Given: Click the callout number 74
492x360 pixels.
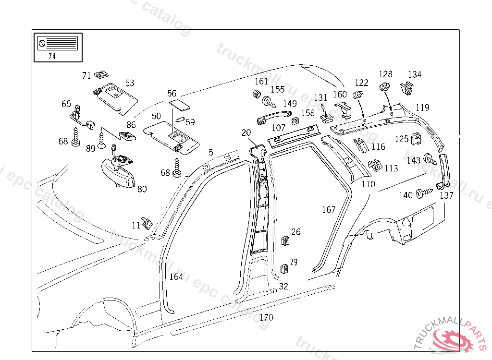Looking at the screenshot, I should coord(52,56).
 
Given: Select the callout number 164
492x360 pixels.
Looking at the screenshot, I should coord(176,277).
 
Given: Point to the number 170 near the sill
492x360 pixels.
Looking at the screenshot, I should coord(266,317).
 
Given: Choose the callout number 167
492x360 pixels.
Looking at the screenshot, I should coord(329,210).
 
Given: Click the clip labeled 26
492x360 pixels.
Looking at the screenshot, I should coord(285,240).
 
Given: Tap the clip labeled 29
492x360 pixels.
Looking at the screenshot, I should coord(284,269).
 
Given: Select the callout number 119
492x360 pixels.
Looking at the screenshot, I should coord(422,108).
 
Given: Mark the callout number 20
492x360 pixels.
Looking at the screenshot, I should coord(246,132).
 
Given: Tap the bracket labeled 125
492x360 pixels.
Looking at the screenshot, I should coord(416,139).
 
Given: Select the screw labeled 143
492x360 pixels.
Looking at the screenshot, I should coord(429,159).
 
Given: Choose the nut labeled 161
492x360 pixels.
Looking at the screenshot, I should coord(257,94).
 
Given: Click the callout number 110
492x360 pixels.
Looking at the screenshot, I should coord(368,184).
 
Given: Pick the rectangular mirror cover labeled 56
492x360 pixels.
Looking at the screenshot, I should coord(179,105).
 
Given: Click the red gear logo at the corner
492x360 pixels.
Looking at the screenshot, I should coord(453,339).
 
